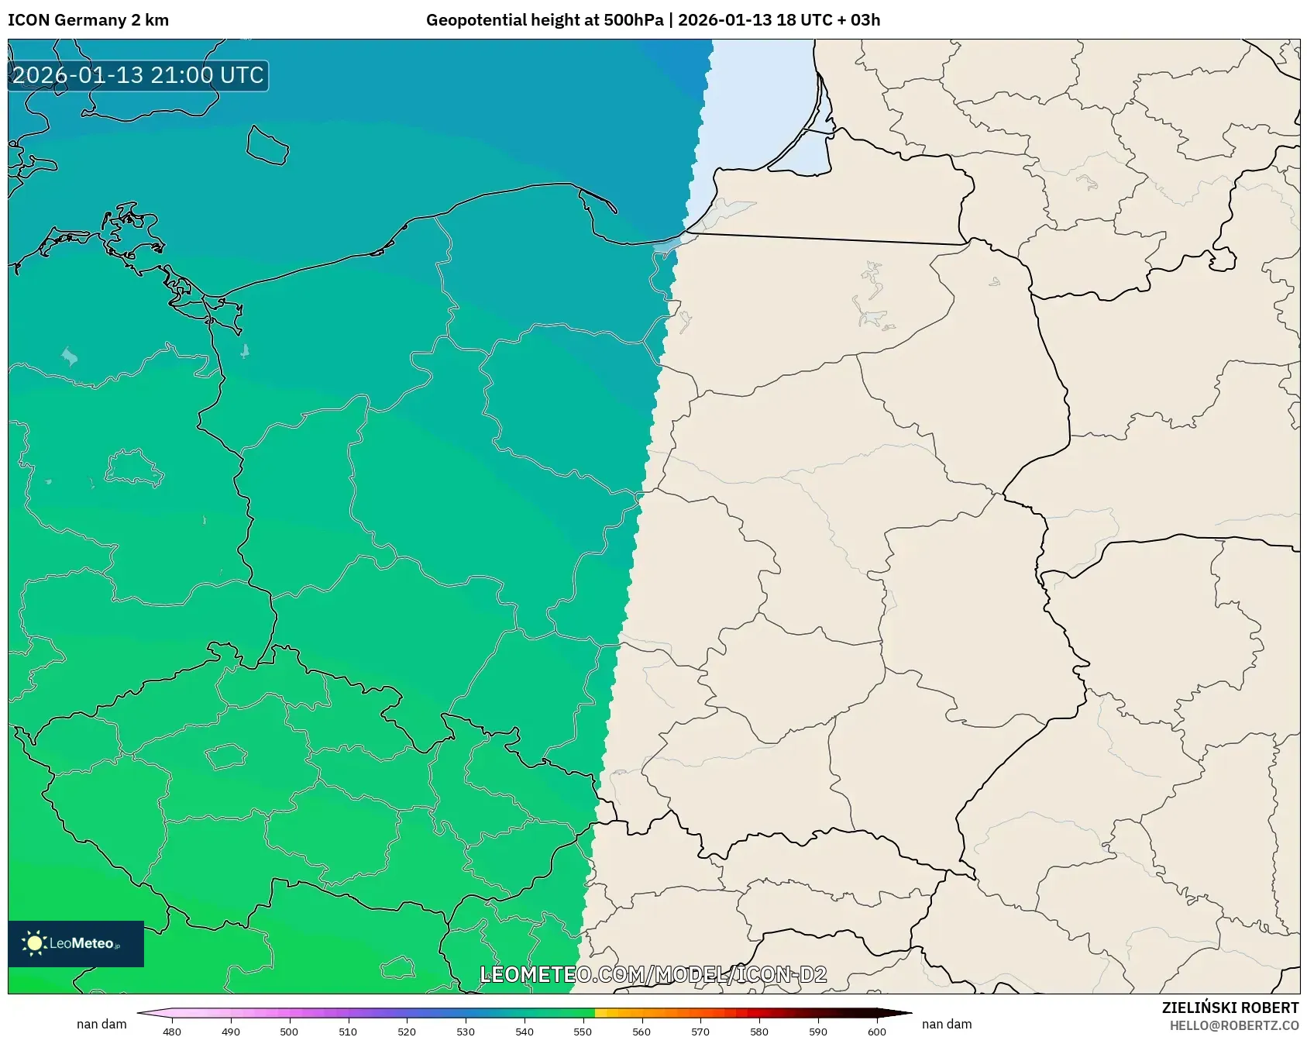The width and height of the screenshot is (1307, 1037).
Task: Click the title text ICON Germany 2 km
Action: (88, 20)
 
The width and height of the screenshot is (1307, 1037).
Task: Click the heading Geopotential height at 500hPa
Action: (544, 20)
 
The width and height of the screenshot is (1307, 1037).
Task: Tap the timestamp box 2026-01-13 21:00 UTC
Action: (138, 76)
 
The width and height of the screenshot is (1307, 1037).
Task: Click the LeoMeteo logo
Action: (76, 943)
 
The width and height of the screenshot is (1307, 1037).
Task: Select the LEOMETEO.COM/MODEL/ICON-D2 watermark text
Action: (653, 974)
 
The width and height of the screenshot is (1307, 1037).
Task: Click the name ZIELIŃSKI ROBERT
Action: (1230, 1008)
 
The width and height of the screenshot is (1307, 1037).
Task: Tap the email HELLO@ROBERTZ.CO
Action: (1233, 1025)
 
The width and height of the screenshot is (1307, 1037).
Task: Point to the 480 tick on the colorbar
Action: (172, 1031)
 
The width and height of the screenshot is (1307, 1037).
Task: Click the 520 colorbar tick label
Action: (407, 1031)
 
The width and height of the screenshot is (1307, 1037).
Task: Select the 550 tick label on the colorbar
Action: (583, 1031)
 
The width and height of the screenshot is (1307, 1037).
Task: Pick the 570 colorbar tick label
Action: (700, 1031)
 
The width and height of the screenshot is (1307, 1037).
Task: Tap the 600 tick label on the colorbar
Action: (877, 1031)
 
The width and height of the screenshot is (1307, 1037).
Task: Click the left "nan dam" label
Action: (101, 1024)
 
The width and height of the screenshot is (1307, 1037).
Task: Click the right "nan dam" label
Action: (947, 1024)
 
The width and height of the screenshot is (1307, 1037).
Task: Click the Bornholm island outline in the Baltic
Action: (267, 145)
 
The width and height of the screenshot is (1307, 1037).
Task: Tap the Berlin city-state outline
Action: (133, 467)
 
